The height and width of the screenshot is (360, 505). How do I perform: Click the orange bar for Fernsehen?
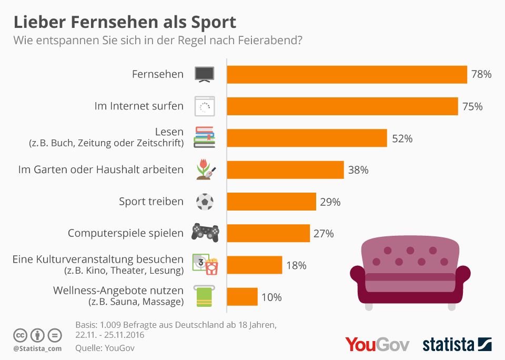pos(347,75)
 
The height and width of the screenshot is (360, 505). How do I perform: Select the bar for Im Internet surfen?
pos(342,106)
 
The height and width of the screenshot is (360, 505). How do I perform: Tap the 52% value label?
pos(402,138)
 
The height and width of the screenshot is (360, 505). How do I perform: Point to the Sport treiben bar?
pos(271,202)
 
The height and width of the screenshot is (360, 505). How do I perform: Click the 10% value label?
pos(271,297)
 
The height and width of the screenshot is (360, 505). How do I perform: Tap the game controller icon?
pos(205,232)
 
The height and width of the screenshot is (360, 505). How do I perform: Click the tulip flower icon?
pos(204,169)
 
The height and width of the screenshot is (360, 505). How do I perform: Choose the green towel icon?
pos(204,296)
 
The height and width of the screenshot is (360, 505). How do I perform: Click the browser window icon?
pos(204,106)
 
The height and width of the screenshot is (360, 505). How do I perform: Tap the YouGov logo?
pos(378,344)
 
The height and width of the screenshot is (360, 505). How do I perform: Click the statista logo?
pos(457,345)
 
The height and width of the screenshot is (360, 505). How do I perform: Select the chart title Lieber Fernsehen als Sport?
pos(125,23)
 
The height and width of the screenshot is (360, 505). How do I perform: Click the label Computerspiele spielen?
pos(126,233)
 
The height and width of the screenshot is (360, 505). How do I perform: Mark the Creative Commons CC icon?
pos(20,335)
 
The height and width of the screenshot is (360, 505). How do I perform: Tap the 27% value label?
pos(324,234)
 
